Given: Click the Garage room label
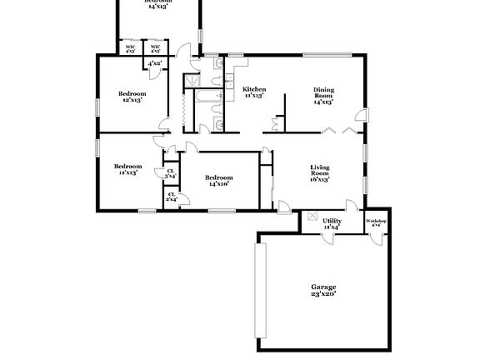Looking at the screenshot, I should pyautogui.click(x=323, y=290).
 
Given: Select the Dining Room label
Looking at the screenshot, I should pyautogui.click(x=323, y=95).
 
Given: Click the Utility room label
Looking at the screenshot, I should pyautogui.click(x=332, y=222).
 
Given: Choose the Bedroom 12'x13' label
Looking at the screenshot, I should pyautogui.click(x=132, y=96).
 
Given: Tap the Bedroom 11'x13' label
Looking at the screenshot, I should pyautogui.click(x=127, y=169).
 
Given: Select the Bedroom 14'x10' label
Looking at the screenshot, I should pyautogui.click(x=218, y=180).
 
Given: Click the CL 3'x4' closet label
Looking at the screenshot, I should pyautogui.click(x=170, y=173).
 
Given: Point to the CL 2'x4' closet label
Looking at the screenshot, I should pyautogui.click(x=170, y=197).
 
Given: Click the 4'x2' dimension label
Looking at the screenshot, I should pyautogui.click(x=154, y=63).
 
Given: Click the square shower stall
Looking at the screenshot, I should pyautogui.click(x=191, y=80).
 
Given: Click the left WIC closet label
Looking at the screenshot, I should pyautogui.click(x=131, y=48).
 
